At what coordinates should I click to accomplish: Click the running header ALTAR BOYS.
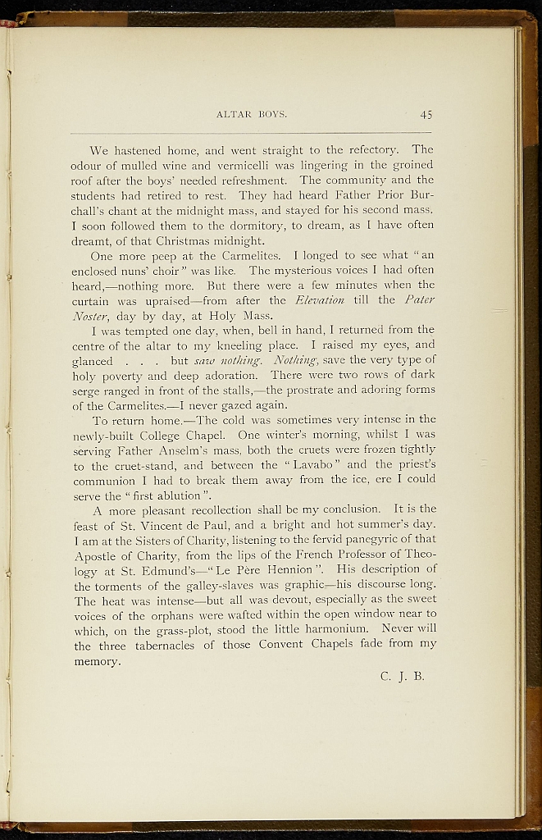[251, 114]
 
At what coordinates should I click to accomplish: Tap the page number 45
[426, 114]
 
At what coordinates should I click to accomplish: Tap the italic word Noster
[92, 315]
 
